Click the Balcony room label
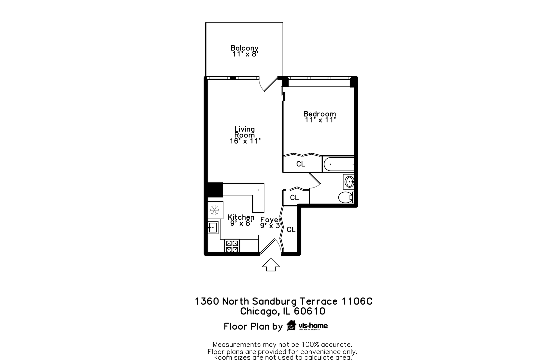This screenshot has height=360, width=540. click(x=244, y=48)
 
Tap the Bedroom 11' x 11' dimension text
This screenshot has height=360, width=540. click(x=320, y=120)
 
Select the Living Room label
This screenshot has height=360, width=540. click(x=244, y=132)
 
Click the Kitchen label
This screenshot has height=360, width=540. click(x=241, y=217)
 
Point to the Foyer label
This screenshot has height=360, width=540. click(x=270, y=220)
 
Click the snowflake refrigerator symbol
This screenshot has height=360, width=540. click(x=214, y=210)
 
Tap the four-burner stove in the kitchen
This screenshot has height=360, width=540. click(x=232, y=246)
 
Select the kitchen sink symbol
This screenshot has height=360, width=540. click(x=213, y=228)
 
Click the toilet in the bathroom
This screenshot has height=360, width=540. click(x=345, y=197)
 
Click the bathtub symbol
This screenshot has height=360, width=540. click(x=338, y=164)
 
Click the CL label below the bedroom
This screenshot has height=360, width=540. click(x=301, y=164)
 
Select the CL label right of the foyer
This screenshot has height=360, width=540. click(x=291, y=230)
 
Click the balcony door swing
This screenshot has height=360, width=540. click(x=269, y=85)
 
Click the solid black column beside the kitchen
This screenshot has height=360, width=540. click(x=215, y=190)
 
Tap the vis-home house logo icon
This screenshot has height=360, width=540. click(x=291, y=325)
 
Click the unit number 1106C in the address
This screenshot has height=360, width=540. click(x=357, y=301)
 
